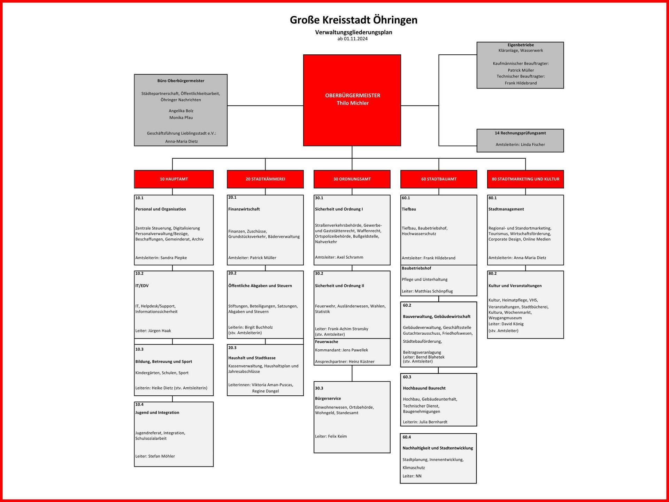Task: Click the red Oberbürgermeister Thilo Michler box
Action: tap(352, 100)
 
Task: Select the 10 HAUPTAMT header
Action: tap(174, 179)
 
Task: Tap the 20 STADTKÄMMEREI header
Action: tap(265, 179)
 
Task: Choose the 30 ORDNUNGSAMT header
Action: tap(352, 179)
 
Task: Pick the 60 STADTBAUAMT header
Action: tap(439, 179)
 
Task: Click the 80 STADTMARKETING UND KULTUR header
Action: tap(525, 179)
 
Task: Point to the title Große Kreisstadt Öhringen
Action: tap(353, 20)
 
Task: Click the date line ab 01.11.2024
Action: tap(352, 39)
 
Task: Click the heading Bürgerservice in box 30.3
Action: tap(328, 398)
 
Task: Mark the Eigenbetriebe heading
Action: tap(521, 45)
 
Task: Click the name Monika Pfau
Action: tap(181, 118)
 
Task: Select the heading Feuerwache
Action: tap(326, 342)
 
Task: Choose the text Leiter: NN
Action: tap(412, 476)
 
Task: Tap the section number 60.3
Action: tap(407, 377)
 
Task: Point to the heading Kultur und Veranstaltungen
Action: tap(515, 286)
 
